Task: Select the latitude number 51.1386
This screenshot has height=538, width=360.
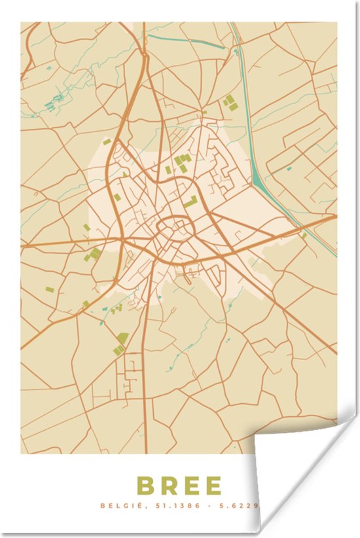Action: [166, 506]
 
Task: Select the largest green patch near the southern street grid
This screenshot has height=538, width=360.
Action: [122, 338]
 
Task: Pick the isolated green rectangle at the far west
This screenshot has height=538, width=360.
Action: [50, 289]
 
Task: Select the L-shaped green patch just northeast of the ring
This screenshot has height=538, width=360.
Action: [191, 202]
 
